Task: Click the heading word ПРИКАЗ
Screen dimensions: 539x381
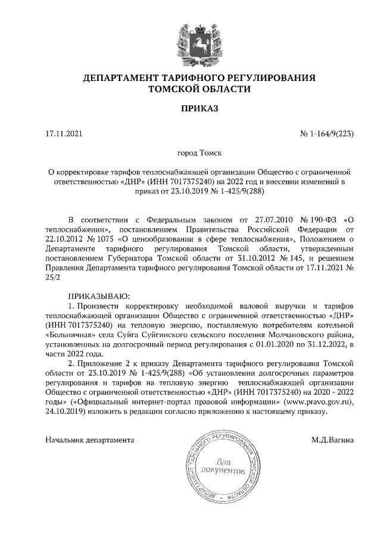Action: coord(190,109)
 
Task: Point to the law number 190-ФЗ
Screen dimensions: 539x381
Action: coord(319,220)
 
